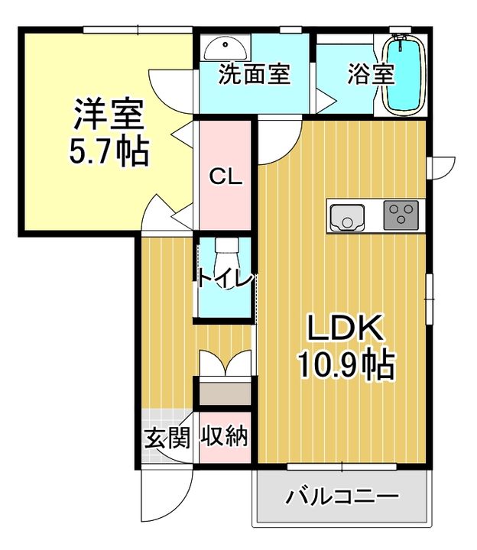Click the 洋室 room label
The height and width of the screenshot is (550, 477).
point(109,115)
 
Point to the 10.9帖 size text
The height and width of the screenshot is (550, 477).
point(346,364)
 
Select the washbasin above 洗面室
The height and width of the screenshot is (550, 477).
point(226,47)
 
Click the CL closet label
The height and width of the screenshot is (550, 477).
point(226,179)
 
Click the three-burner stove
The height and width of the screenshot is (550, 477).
point(400,215)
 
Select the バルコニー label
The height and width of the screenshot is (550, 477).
point(342,497)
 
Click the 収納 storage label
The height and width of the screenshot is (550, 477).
point(225,437)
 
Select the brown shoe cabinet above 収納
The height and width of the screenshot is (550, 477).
point(226,393)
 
